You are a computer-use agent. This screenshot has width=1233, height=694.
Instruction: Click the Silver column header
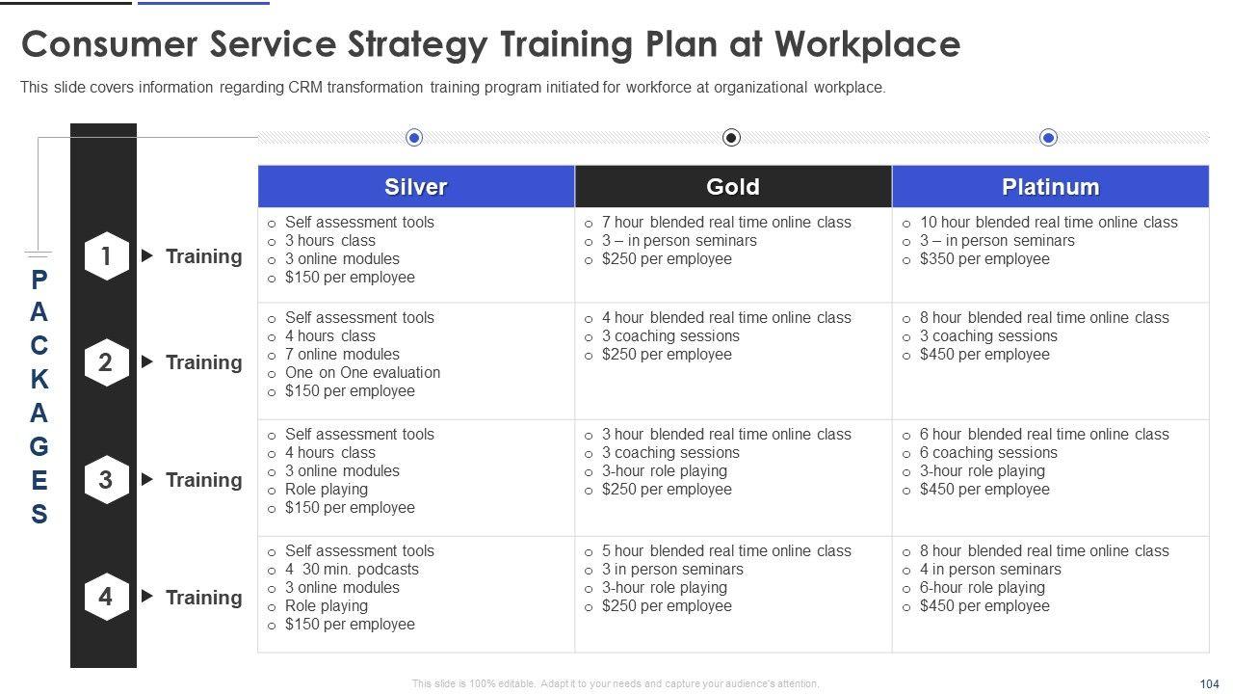pyautogui.click(x=416, y=187)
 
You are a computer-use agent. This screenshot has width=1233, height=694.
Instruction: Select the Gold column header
pyautogui.click(x=733, y=187)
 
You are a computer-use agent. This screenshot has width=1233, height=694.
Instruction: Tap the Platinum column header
pyautogui.click(x=1050, y=187)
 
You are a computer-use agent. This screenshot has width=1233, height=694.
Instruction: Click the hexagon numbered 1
pyautogui.click(x=106, y=256)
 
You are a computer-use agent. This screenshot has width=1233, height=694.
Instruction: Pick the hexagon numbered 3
pyautogui.click(x=106, y=480)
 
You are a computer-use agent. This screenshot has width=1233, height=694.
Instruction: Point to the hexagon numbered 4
pyautogui.click(x=106, y=597)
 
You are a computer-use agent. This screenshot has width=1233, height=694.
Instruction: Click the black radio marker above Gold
pyautogui.click(x=731, y=137)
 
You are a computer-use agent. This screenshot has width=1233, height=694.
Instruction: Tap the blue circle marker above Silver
pyautogui.click(x=414, y=137)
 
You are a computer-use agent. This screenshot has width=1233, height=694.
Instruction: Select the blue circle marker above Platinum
pyautogui.click(x=1049, y=137)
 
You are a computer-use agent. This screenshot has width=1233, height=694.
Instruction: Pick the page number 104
pyautogui.click(x=1209, y=683)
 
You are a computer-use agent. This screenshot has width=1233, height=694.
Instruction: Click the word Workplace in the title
pyautogui.click(x=868, y=44)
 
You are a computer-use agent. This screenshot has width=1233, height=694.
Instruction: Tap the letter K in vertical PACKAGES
pyautogui.click(x=39, y=379)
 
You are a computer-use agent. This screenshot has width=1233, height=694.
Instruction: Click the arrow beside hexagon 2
pyautogui.click(x=147, y=361)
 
